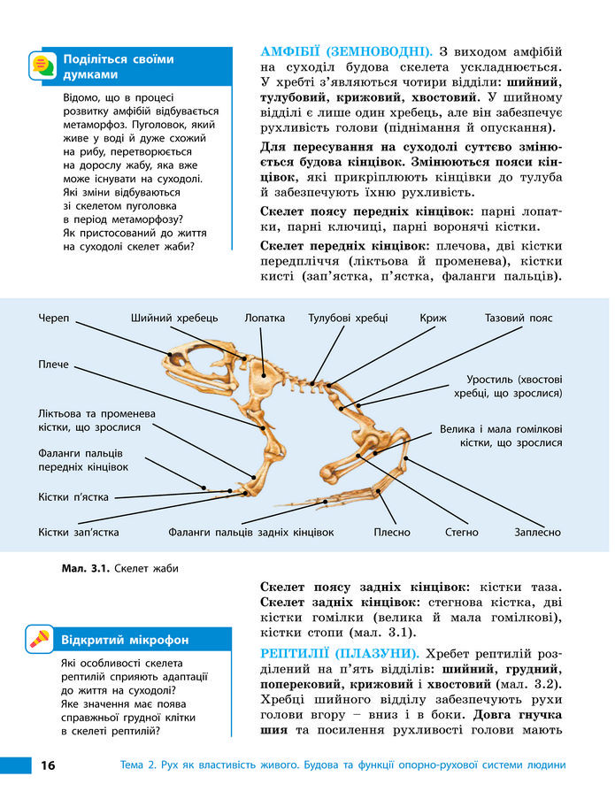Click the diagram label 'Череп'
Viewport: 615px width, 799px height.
(x=54, y=318)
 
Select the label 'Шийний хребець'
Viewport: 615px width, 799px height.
(x=173, y=318)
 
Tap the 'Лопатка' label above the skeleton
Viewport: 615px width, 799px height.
(x=265, y=318)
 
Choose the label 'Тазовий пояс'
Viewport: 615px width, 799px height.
(x=518, y=318)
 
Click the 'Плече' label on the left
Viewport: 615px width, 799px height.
(x=53, y=365)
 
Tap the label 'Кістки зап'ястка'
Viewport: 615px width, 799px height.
(x=78, y=533)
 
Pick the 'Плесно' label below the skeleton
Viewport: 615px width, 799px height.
(x=391, y=533)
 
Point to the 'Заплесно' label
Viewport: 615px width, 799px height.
(x=537, y=533)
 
